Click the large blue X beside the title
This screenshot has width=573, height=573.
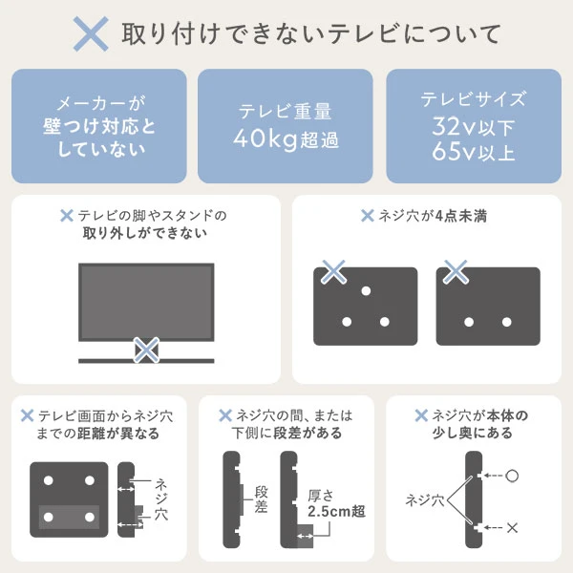click(92, 34)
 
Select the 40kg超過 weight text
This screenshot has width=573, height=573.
click(286, 138)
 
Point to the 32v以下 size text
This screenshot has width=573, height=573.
click(474, 125)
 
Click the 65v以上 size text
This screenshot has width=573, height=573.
click(474, 151)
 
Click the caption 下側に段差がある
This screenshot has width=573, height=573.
click(286, 434)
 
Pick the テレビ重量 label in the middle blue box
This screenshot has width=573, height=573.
click(286, 110)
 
